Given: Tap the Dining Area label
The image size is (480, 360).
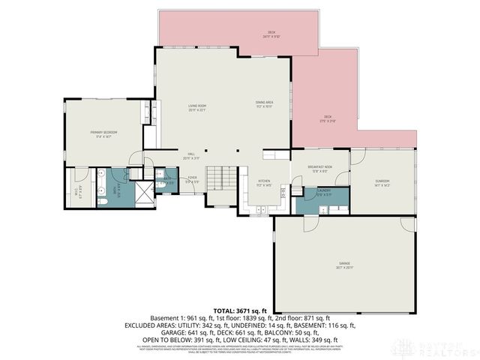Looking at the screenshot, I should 264,106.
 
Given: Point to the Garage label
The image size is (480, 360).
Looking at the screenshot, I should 344,265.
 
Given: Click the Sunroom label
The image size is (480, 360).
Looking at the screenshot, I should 382,183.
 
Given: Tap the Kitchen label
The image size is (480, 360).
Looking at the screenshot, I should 264,182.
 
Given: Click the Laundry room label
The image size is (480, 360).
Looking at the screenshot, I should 323,192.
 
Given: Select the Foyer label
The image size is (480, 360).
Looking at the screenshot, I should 192,180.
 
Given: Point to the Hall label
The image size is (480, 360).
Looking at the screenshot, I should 192,157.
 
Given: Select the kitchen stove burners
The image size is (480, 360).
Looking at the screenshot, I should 283,193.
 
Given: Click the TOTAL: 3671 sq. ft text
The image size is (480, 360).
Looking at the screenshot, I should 240,310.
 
